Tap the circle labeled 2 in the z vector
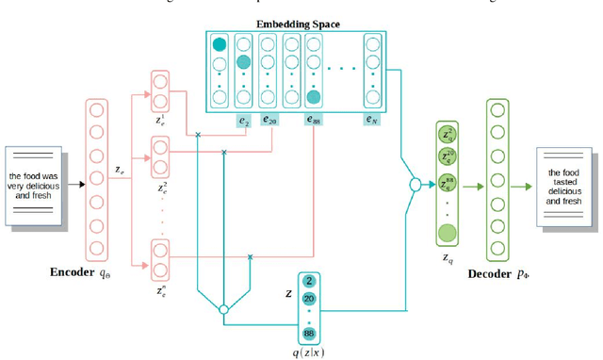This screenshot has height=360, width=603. tap(309, 281)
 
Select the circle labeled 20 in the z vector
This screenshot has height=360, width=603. tap(309, 299)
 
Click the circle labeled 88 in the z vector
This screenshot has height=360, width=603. tap(309, 333)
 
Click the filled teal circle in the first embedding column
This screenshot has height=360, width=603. tap(220, 44)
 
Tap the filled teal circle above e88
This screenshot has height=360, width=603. tap(314, 96)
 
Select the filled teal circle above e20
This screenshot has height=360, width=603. tap(244, 62)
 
